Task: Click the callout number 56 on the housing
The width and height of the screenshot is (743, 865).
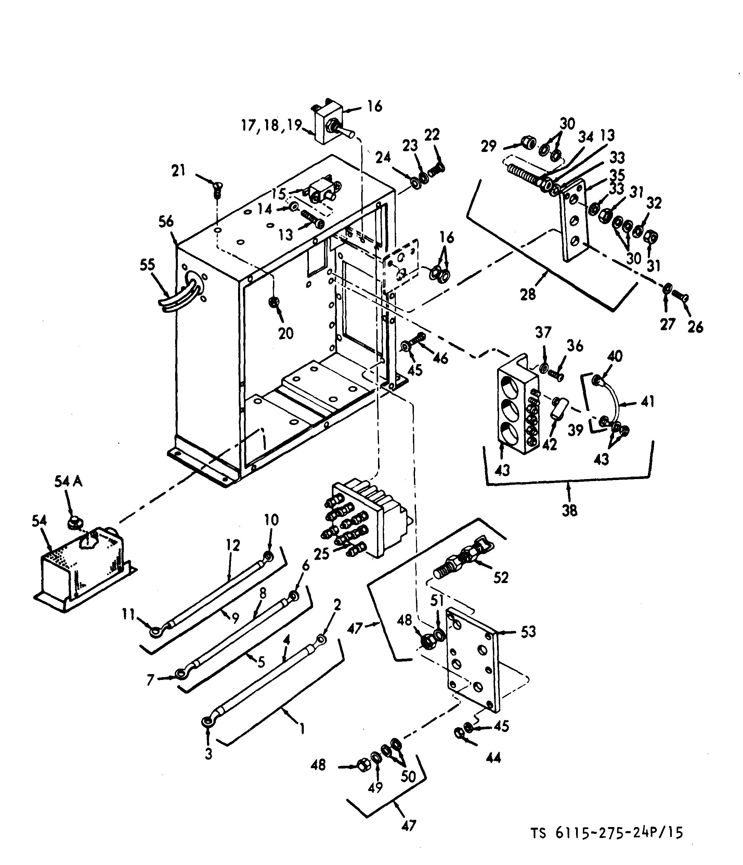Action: [166, 221]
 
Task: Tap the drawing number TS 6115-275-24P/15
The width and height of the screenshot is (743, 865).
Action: [607, 833]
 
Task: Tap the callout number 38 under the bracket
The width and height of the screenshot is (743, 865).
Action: [569, 510]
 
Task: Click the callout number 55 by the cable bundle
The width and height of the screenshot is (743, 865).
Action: [147, 265]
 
